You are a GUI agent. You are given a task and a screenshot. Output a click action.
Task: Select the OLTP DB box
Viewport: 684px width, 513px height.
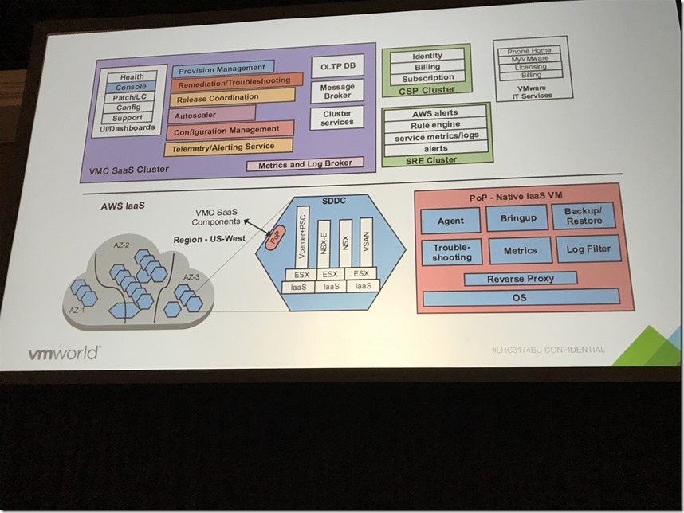tap(337, 66)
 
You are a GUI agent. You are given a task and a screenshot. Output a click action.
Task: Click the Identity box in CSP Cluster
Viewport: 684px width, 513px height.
tap(427, 56)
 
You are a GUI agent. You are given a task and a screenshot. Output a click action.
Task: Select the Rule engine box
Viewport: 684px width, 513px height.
tap(435, 126)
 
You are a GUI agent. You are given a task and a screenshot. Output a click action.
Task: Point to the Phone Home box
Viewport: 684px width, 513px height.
tap(529, 51)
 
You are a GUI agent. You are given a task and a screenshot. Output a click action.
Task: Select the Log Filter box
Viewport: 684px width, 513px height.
tap(588, 249)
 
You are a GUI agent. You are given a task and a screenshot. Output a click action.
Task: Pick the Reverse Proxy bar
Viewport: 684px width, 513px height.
tap(521, 279)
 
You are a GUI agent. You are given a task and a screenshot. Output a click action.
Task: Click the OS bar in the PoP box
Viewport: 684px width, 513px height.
tap(521, 298)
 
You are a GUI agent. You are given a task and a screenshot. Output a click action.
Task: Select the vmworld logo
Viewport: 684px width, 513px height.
tap(64, 353)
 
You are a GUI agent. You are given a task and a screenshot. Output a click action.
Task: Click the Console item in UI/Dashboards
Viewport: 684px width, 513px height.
tap(131, 87)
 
